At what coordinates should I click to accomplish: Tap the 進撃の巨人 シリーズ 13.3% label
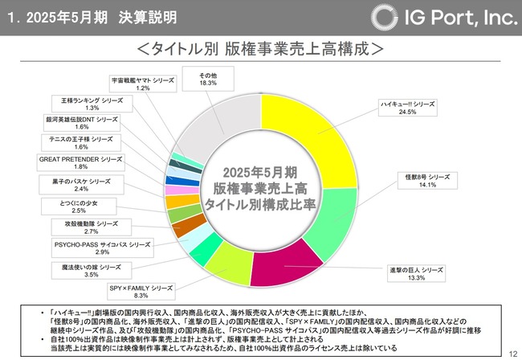(415, 273)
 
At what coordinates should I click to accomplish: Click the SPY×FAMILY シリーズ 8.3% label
(141, 290)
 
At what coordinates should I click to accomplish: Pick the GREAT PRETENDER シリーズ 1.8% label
(80, 163)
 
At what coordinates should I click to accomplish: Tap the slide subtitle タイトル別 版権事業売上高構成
(260, 47)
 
